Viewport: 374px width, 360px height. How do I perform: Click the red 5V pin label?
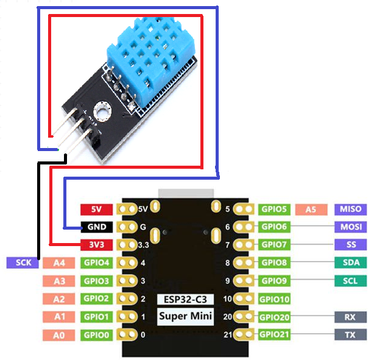click(x=96, y=209)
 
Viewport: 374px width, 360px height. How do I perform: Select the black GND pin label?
click(x=96, y=227)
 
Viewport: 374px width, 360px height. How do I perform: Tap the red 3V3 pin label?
click(x=96, y=245)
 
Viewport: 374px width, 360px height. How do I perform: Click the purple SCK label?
click(x=23, y=263)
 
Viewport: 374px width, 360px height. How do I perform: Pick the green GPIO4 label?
click(x=96, y=263)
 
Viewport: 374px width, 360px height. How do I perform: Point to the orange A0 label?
click(x=59, y=334)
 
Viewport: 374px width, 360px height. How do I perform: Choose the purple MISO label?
click(x=351, y=209)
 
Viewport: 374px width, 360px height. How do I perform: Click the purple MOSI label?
click(x=351, y=227)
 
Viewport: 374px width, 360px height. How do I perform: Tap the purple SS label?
click(x=351, y=245)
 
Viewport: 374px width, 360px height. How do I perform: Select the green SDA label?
click(x=351, y=263)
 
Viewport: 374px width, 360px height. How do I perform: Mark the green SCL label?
click(x=351, y=281)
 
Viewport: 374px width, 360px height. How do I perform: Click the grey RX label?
click(x=351, y=317)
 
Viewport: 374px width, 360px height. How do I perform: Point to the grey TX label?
click(x=351, y=334)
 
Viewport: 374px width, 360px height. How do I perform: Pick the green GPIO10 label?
click(x=274, y=299)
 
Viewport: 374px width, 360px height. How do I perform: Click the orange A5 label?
click(x=311, y=209)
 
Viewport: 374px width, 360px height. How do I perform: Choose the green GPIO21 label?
click(x=274, y=334)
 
